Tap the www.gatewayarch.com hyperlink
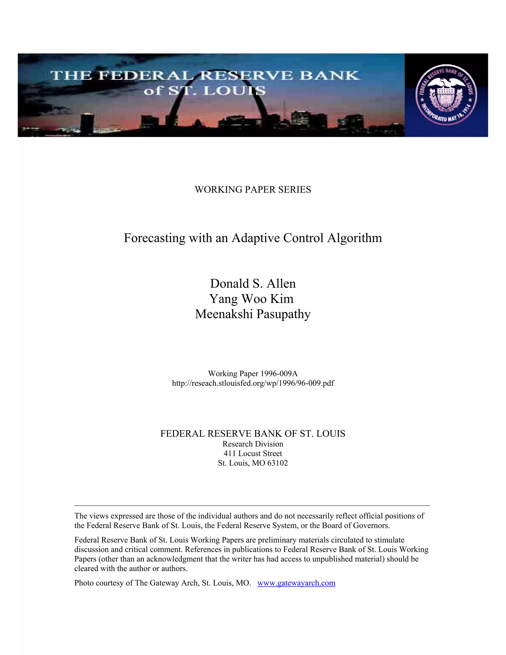pos(296,583)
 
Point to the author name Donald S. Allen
pos(253,284)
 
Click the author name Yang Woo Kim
pos(251,299)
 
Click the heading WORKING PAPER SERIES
pos(253,190)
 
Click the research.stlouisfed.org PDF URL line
pos(253,383)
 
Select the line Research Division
pos(253,444)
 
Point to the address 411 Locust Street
pos(253,454)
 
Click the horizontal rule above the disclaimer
pos(252,505)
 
